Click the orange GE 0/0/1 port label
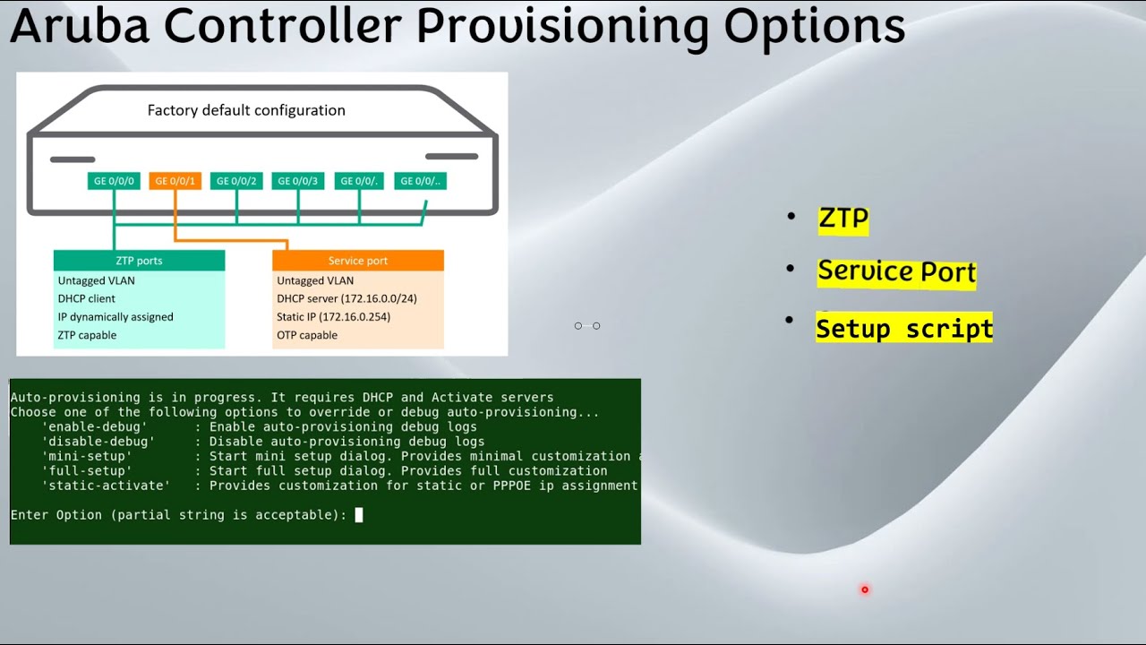tap(175, 181)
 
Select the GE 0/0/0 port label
tap(114, 181)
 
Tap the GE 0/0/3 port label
tap(297, 181)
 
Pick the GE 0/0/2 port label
tap(236, 181)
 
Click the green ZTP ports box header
tap(139, 261)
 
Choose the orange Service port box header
tap(358, 261)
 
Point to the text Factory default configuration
tap(246, 110)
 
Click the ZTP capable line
tap(88, 335)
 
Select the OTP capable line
tap(307, 335)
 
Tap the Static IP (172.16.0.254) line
tap(333, 317)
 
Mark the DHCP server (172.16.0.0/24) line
tap(346, 298)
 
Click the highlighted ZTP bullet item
tap(843, 219)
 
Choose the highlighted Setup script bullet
tap(904, 329)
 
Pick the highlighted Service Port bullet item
tap(896, 271)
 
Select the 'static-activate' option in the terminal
tap(106, 486)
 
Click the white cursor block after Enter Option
tap(359, 515)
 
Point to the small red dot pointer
tap(865, 589)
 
